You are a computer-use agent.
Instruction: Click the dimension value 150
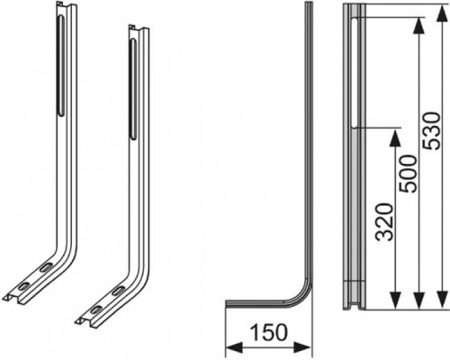pyautogui.click(x=268, y=333)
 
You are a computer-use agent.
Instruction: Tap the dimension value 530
pyautogui.click(x=431, y=130)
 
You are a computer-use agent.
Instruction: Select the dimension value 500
pyautogui.click(x=408, y=174)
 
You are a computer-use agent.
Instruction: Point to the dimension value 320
pyautogui.click(x=384, y=222)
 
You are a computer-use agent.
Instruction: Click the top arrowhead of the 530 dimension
pyautogui.click(x=443, y=13)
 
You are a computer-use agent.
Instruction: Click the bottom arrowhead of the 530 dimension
pyautogui.click(x=443, y=299)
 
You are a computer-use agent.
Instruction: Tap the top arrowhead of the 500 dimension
pyautogui.click(x=419, y=26)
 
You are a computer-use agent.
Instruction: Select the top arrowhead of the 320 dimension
pyautogui.click(x=396, y=138)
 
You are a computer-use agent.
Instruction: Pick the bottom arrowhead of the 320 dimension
pyautogui.click(x=396, y=299)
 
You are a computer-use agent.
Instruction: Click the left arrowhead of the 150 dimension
pyautogui.click(x=234, y=347)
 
